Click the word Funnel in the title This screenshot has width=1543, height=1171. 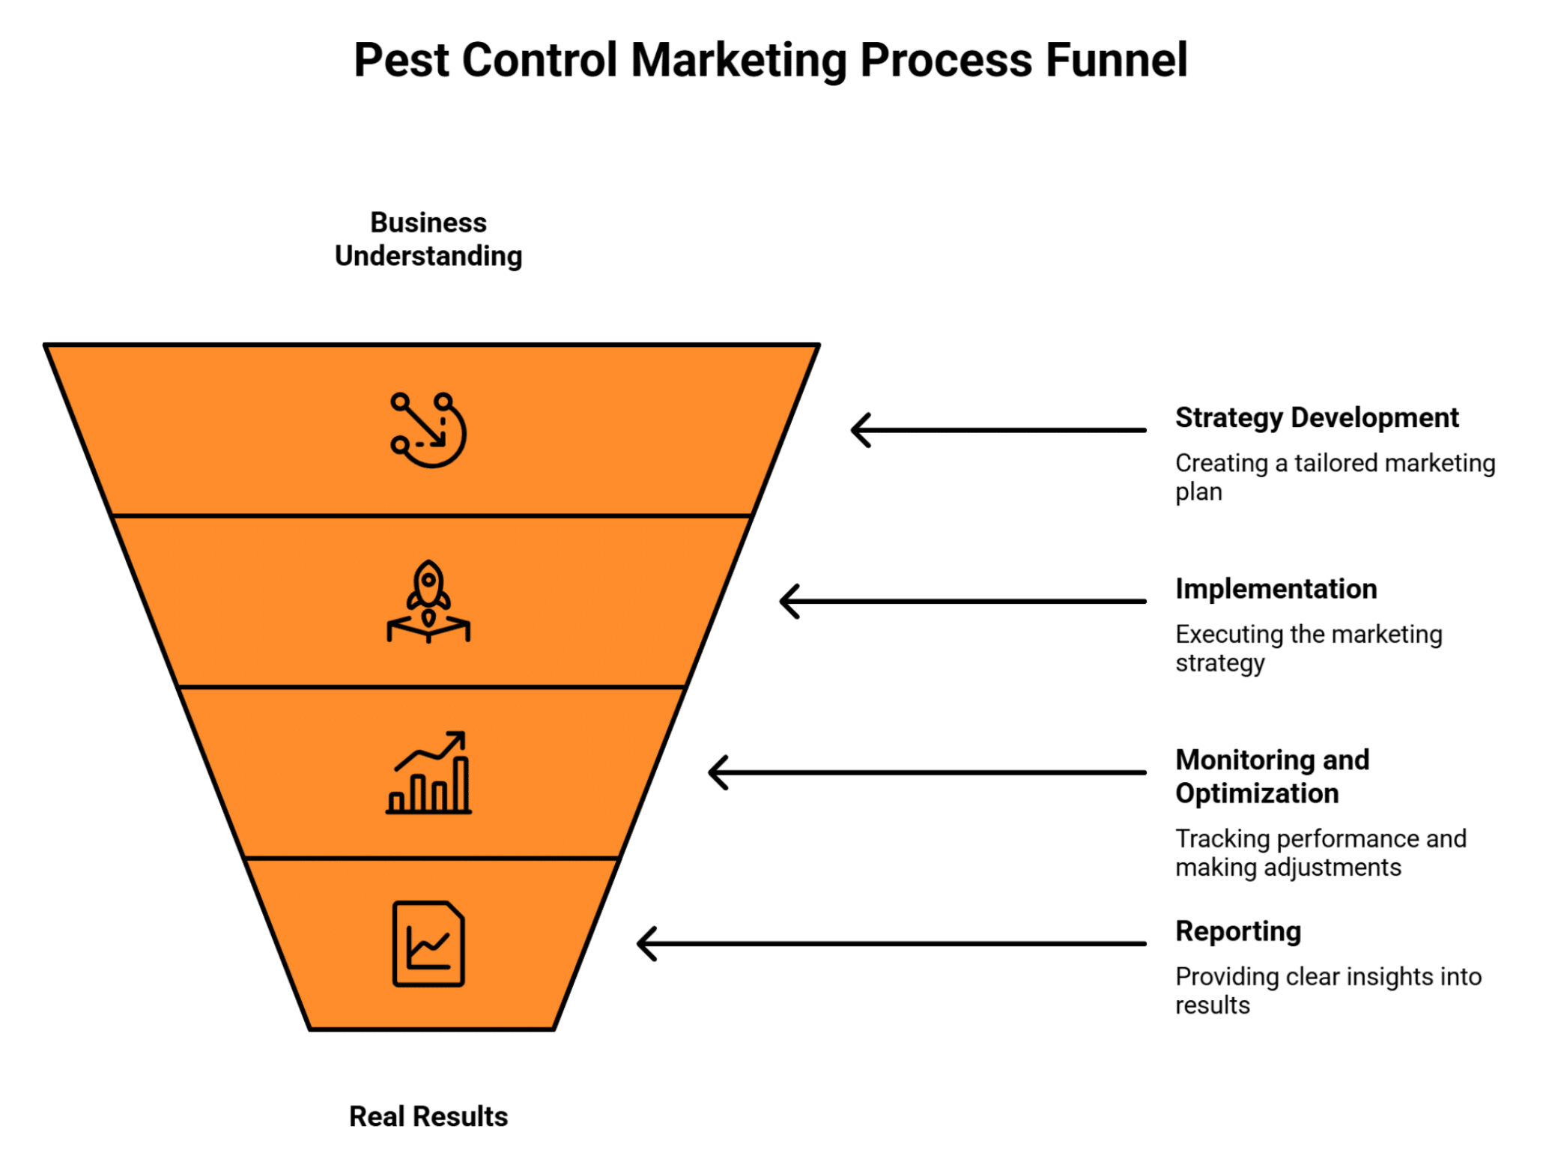tap(1115, 60)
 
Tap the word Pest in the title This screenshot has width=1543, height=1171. tap(401, 60)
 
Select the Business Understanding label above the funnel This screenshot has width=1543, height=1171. tap(428, 240)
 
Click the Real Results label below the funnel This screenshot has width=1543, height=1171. tap(428, 1116)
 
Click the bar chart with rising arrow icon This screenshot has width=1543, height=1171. tap(428, 772)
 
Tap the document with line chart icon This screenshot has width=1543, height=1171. tap(428, 944)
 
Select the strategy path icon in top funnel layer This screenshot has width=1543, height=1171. tap(428, 430)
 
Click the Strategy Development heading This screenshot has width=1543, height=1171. tap(1316, 418)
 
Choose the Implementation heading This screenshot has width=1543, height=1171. tap(1276, 589)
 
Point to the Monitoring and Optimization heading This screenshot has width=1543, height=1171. tap(1271, 776)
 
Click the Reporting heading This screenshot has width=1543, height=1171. tap(1237, 931)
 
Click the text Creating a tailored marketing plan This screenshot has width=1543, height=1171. tap(1334, 477)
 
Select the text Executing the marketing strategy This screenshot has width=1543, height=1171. tap(1308, 648)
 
